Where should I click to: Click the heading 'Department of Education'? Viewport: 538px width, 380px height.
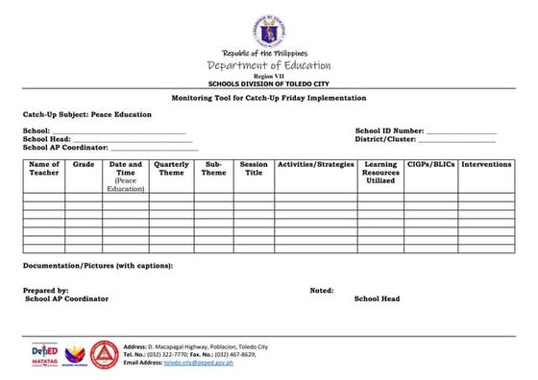tap(269, 65)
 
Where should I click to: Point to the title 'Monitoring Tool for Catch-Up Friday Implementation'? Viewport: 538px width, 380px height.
tap(268, 99)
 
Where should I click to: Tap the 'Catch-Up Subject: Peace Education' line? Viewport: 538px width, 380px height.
tap(87, 114)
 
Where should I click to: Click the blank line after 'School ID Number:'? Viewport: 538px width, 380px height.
tap(460, 131)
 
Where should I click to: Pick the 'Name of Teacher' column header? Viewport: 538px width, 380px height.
tap(44, 169)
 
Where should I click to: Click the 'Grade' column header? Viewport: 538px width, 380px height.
tap(84, 165)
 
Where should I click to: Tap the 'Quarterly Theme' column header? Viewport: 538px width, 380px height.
tap(171, 169)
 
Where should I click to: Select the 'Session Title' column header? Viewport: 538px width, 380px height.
tap(254, 169)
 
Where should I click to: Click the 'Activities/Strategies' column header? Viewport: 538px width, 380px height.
tap(315, 165)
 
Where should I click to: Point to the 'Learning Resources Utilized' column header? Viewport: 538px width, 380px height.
tap(380, 173)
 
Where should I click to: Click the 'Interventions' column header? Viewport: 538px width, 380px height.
tap(486, 165)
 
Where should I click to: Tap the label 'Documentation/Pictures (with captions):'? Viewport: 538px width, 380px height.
tap(98, 265)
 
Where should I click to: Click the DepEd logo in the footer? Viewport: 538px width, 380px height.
tap(45, 352)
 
